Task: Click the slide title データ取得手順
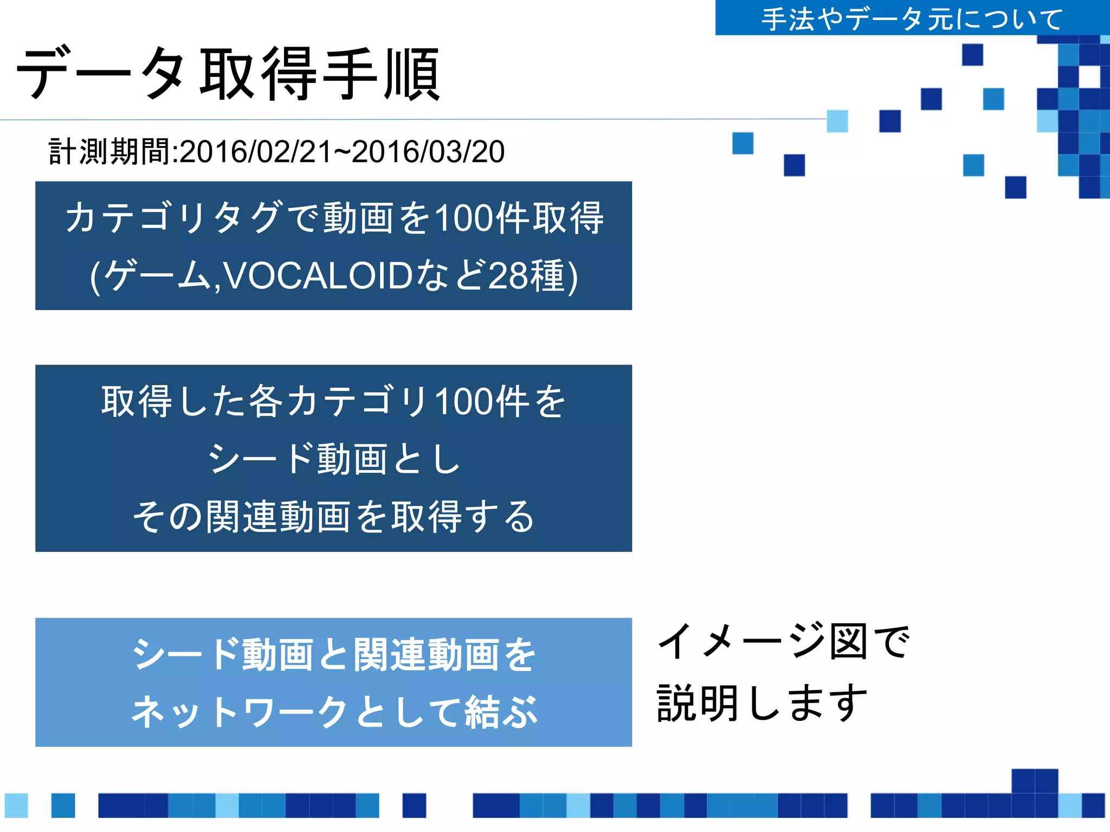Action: [x=228, y=74]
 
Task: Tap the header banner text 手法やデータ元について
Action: [x=912, y=19]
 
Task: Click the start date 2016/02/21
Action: [x=255, y=152]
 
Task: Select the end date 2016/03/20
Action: [x=428, y=152]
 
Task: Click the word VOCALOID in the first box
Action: [x=318, y=276]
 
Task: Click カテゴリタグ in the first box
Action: [x=173, y=218]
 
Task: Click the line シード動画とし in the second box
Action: [x=334, y=459]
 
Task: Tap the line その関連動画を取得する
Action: [x=334, y=517]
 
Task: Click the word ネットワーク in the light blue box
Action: [x=238, y=712]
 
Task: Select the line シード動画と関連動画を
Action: [x=334, y=654]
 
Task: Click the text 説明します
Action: [x=762, y=703]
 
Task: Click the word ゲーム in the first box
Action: [x=157, y=276]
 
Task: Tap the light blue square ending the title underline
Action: [x=837, y=121]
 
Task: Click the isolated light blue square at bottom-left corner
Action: [x=16, y=805]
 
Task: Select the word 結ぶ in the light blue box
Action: [x=501, y=712]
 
